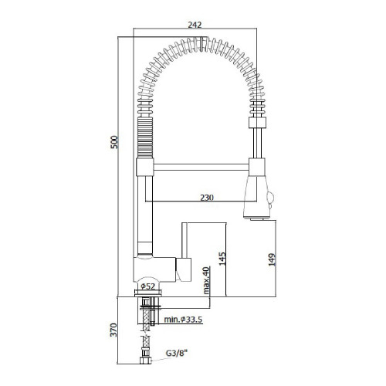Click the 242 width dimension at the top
point(195,25)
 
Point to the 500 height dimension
point(114,142)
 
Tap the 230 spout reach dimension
point(207,198)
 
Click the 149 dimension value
point(272,259)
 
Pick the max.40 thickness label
point(206,280)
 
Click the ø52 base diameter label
point(148,286)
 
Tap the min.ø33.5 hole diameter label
point(183,320)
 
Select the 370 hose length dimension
point(113,330)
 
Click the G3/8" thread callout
point(177,354)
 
